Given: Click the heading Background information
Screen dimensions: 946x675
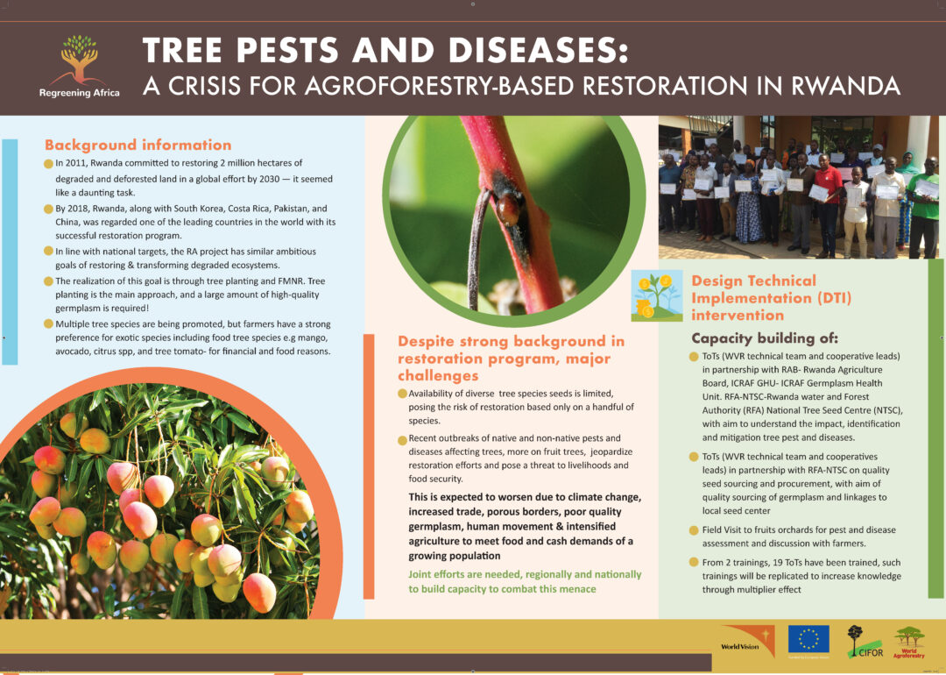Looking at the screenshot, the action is (138, 145).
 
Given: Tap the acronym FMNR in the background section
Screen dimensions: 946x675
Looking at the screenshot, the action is (292, 281).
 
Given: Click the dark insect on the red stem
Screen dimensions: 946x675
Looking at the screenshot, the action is (508, 204).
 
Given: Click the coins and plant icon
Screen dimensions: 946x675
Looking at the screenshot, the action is (657, 295).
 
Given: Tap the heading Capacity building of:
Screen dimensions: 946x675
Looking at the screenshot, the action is (765, 338).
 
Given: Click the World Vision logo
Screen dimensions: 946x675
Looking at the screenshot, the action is (747, 643).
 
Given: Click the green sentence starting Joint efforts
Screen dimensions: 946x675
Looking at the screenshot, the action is (525, 582).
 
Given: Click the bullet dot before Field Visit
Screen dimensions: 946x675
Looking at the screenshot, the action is (694, 530).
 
